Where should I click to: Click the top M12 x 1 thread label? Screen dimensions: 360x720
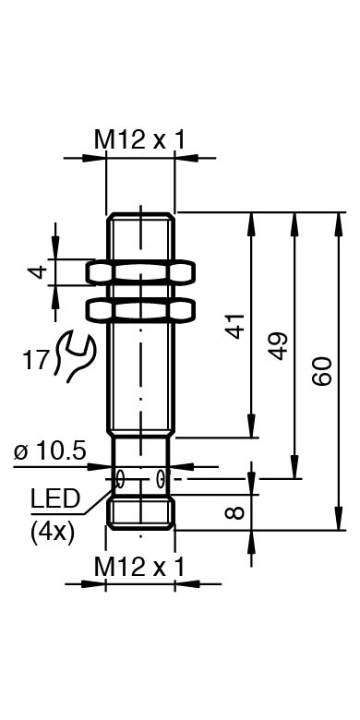tap(139, 139)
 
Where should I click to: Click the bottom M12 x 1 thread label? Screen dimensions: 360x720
tap(139, 567)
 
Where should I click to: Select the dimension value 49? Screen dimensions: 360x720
tap(279, 346)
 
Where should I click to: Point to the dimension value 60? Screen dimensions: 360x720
tap(322, 371)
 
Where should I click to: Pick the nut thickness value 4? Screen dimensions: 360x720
tap(39, 271)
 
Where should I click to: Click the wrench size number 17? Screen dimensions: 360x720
tap(35, 360)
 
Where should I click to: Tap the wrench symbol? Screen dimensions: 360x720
tap(75, 357)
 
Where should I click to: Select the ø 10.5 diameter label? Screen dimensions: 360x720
tap(50, 451)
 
